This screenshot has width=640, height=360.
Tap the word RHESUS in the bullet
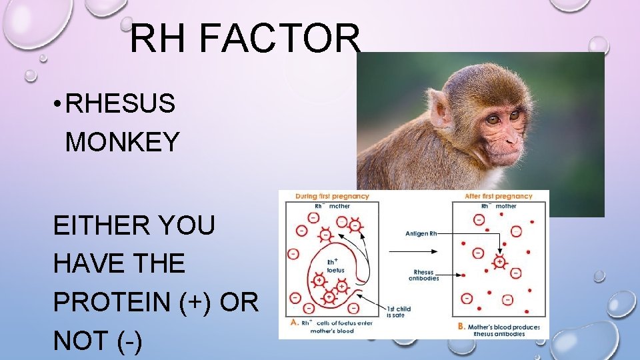(x=121, y=103)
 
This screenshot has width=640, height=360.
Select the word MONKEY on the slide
(x=123, y=142)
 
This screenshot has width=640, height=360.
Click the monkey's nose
(x=514, y=137)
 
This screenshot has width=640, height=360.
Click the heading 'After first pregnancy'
(x=499, y=197)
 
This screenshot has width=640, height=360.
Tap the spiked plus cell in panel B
(x=499, y=262)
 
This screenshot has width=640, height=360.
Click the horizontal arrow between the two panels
(x=413, y=251)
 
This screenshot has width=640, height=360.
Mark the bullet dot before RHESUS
(x=59, y=104)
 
